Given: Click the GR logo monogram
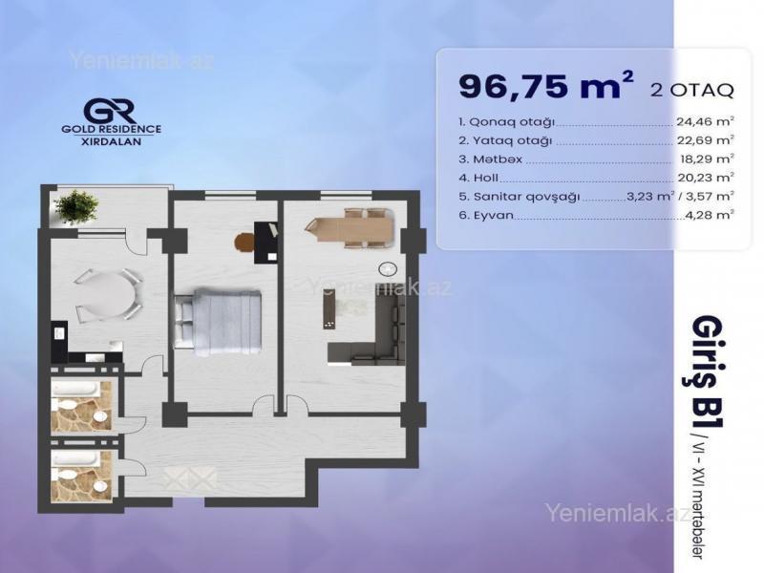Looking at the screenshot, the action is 110,111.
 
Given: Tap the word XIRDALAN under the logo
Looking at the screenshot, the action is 111,141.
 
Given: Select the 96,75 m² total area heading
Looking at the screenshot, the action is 546,85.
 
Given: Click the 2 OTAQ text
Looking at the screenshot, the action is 691,90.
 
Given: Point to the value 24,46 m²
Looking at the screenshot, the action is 705,121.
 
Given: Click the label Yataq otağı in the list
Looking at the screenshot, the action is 505,140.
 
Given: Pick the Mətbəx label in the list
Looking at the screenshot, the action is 490,159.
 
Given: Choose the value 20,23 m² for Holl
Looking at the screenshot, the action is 706,178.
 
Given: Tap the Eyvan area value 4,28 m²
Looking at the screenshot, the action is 710,215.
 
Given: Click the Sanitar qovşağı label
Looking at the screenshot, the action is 520,197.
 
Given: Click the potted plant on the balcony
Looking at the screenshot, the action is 76,206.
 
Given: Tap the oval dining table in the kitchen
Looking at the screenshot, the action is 107,295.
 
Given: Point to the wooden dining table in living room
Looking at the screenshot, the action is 350,227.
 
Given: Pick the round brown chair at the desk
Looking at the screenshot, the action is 245,243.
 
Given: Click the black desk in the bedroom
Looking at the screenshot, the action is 266,243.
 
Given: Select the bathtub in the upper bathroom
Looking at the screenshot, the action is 76,390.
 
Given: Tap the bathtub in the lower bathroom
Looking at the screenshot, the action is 76,458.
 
